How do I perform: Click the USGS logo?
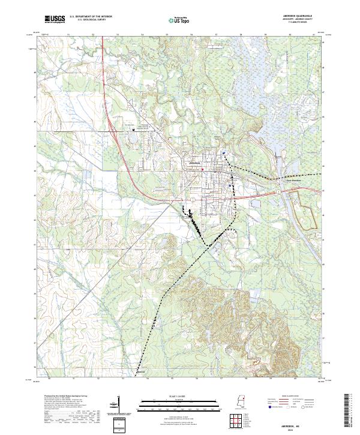[x=55, y=19]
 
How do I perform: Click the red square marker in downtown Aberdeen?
[x=203, y=169]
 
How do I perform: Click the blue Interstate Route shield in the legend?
[x=267, y=406]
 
